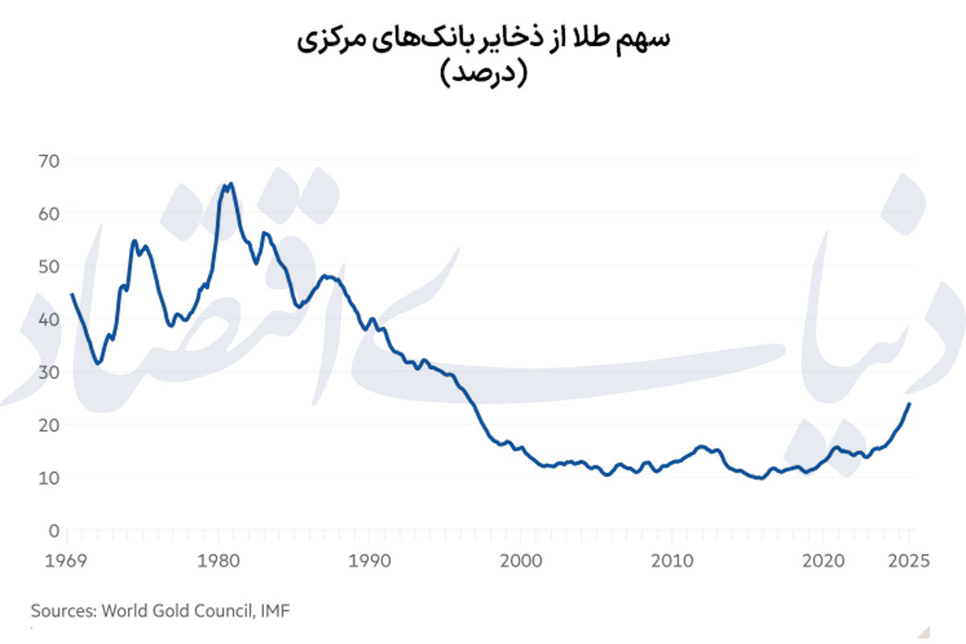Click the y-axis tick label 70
48,160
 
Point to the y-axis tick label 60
48,213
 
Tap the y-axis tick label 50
48,266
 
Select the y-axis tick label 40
48,319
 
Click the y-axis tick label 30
48,372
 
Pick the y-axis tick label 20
48,425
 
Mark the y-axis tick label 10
48,477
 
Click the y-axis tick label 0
54,530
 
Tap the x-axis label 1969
67,560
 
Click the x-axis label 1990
369,560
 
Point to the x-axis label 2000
521,560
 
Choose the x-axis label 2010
672,560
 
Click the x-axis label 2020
824,560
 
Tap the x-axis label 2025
908,560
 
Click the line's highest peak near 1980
231,184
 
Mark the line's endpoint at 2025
910,403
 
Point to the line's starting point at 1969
72,295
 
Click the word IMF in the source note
275,611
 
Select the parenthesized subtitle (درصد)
483,74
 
